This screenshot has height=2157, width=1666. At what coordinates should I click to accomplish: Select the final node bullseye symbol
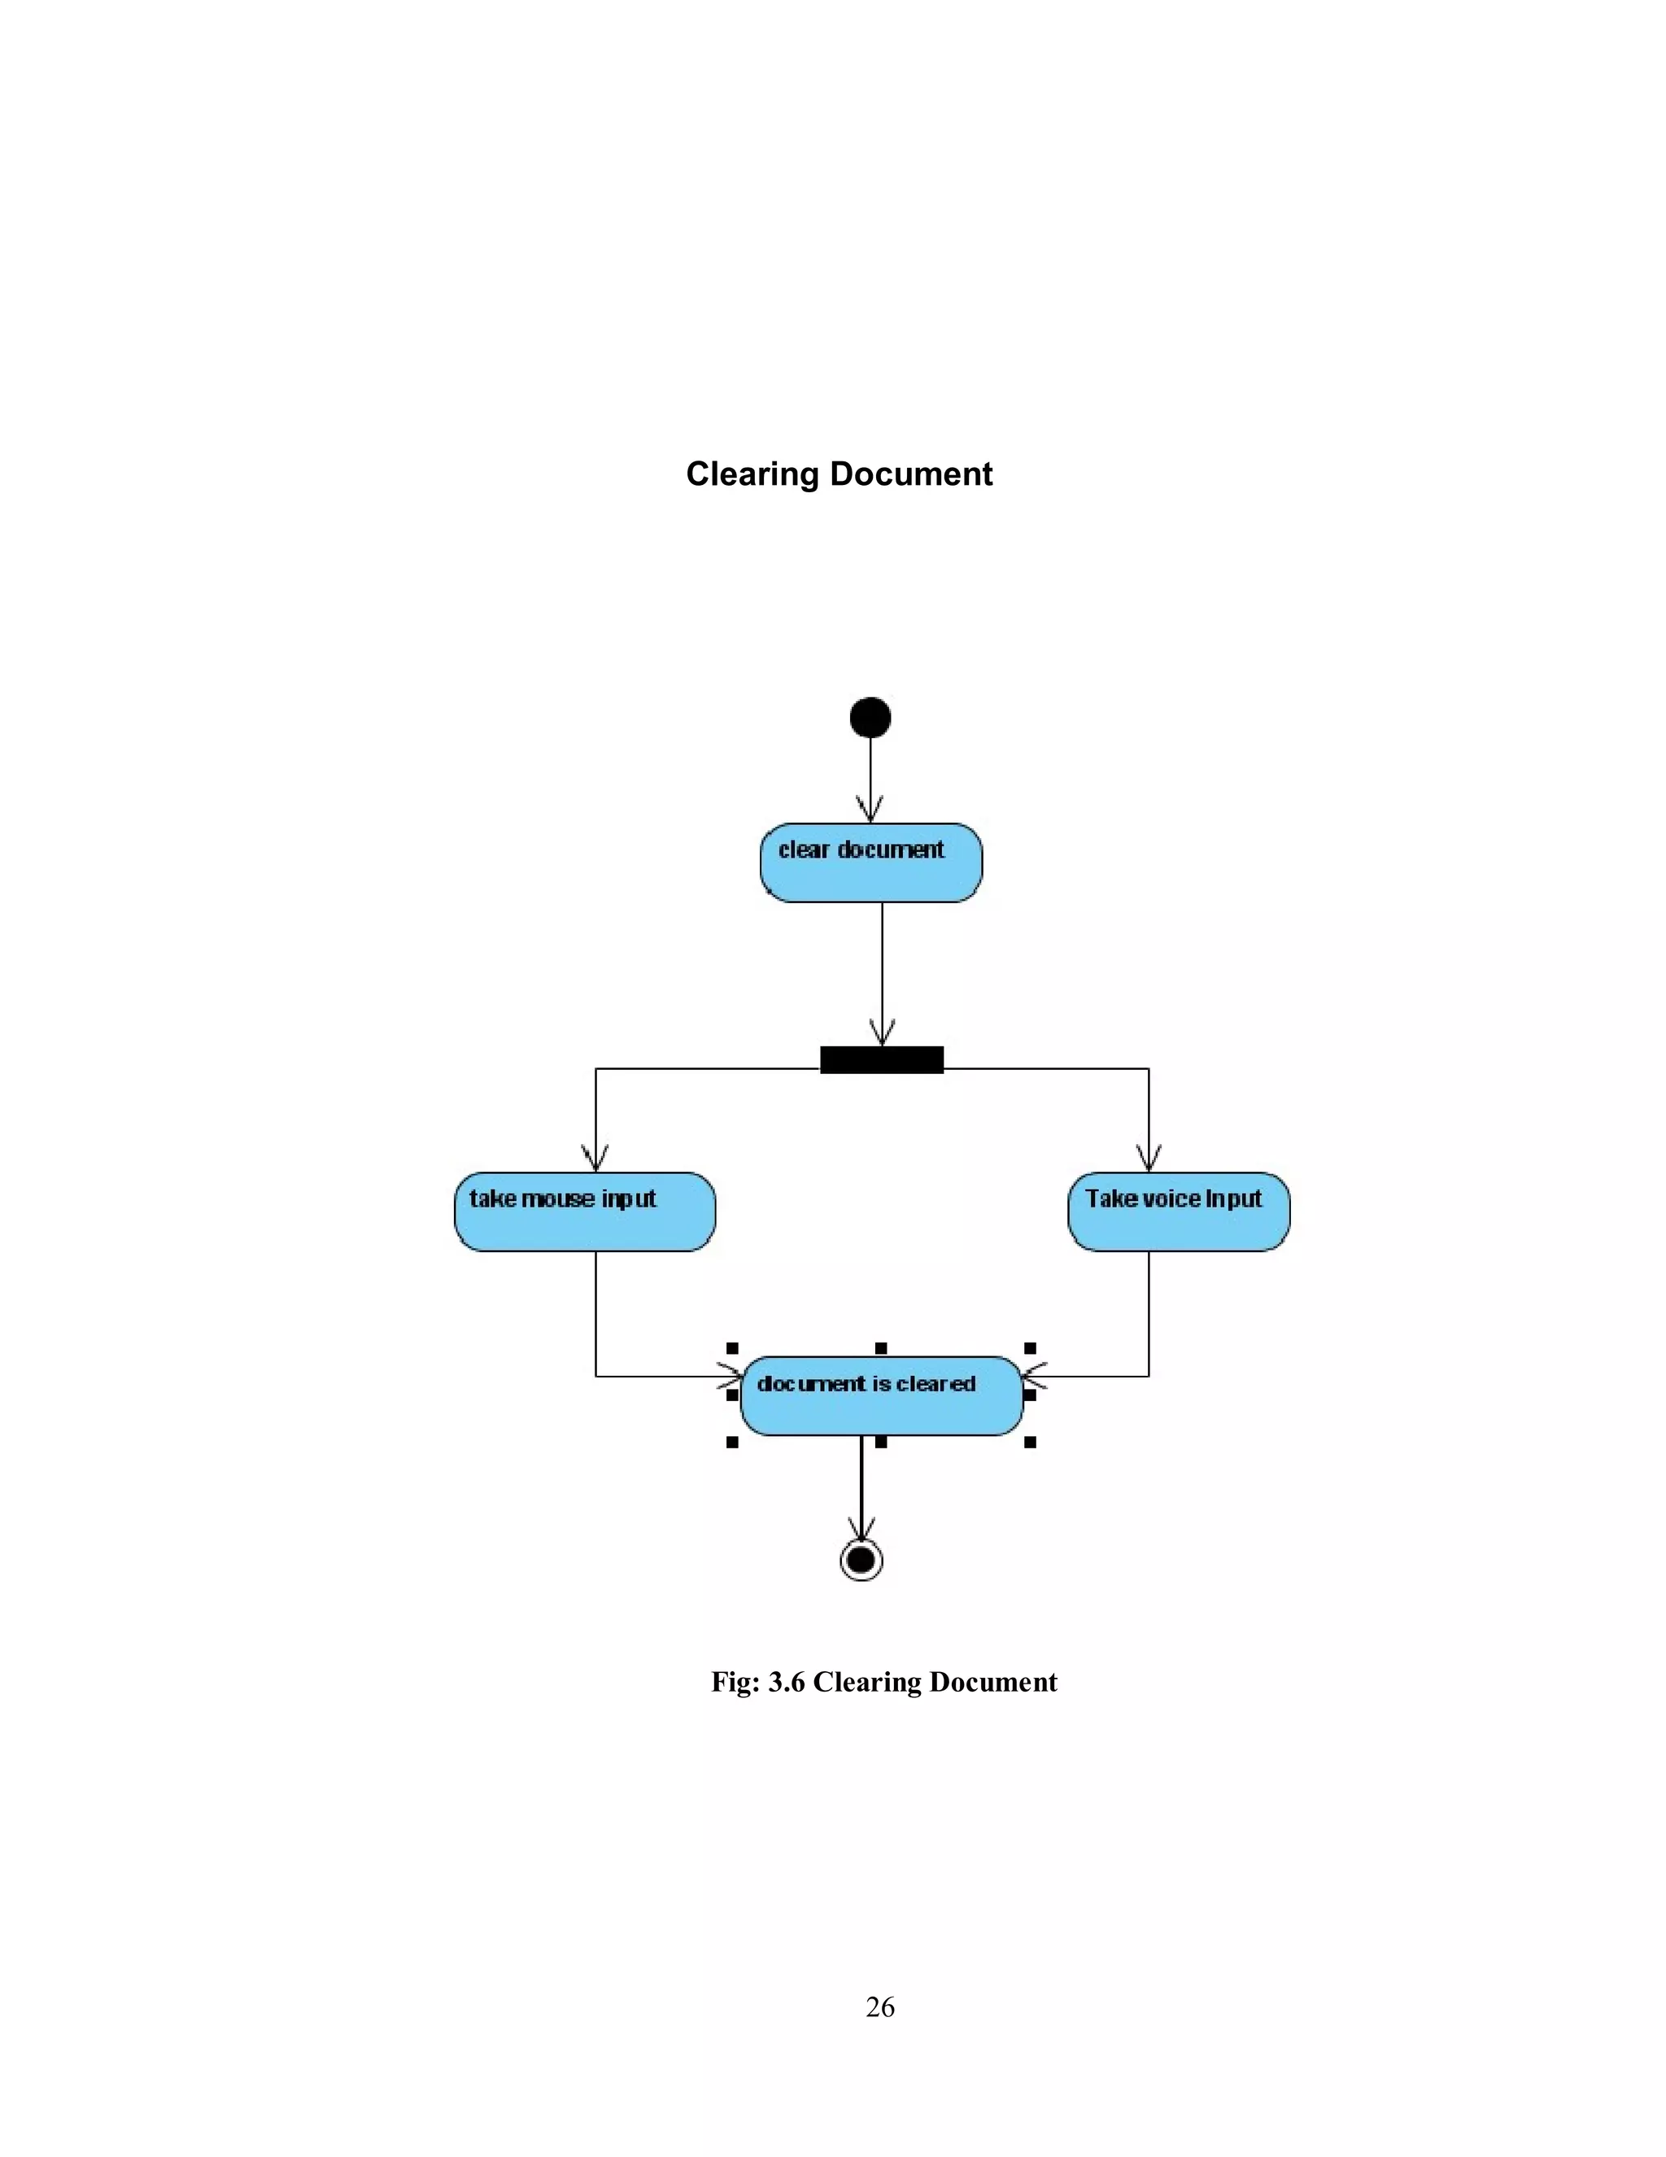[x=861, y=1560]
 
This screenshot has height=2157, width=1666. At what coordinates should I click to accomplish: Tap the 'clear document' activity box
[x=871, y=862]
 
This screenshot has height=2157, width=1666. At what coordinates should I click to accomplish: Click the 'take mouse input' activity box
[x=585, y=1212]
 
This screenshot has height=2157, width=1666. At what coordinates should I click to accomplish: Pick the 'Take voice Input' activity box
[x=1178, y=1212]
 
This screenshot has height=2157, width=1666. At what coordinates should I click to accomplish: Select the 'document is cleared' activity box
[x=881, y=1395]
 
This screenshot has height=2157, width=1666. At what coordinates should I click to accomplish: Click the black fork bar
[x=882, y=1059]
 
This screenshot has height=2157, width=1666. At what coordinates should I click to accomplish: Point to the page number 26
[x=880, y=2006]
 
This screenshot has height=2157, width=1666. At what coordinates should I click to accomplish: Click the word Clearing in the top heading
[x=752, y=474]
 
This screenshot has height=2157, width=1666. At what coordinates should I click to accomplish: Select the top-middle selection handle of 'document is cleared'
[x=881, y=1348]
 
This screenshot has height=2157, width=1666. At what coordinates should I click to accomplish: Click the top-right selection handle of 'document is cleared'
[x=1030, y=1348]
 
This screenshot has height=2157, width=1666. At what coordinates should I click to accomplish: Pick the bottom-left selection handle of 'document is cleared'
[x=732, y=1442]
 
